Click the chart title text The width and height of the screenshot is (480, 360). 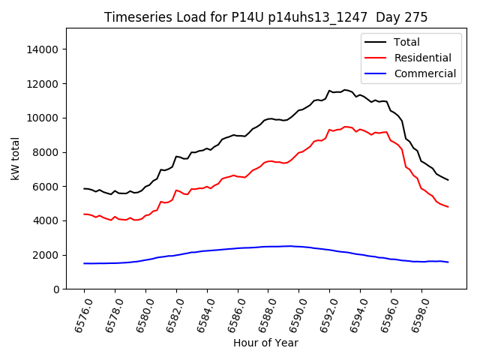265,17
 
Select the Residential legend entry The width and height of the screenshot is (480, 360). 422,58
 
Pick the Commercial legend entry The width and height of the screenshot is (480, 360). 424,73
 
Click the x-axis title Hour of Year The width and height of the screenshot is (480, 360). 265,343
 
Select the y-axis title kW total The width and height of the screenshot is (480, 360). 15,159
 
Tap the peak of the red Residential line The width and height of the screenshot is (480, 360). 346,127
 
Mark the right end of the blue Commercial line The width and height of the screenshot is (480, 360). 448,262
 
